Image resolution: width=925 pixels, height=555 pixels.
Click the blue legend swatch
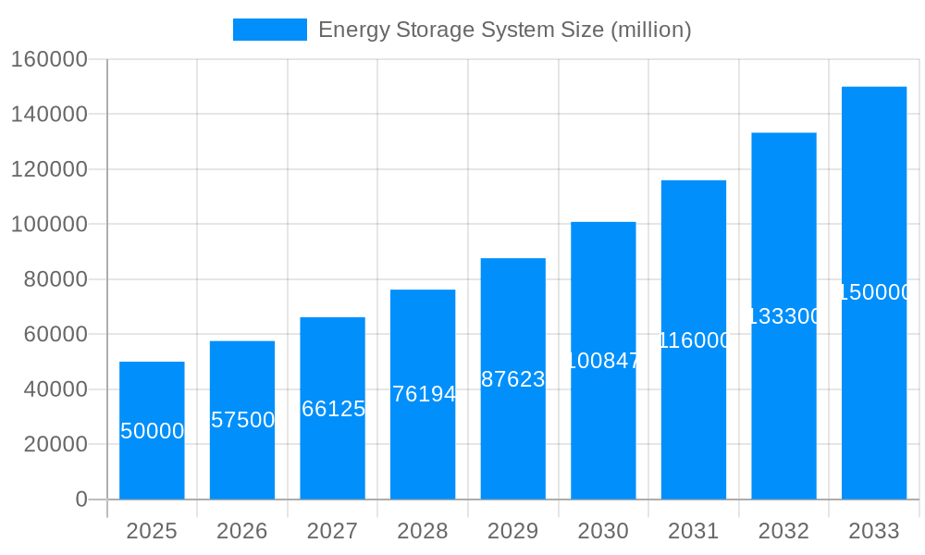coord(269,30)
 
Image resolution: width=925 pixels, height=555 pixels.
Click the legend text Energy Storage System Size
coord(504,30)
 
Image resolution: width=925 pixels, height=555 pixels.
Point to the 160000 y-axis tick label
coord(48,60)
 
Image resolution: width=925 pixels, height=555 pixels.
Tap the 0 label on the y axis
coord(80,499)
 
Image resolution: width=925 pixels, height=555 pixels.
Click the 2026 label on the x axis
coord(242,531)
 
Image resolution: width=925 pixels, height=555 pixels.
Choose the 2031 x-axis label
coord(693,531)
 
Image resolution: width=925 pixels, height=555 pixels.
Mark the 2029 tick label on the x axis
coord(512,531)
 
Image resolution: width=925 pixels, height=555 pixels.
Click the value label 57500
coord(242,420)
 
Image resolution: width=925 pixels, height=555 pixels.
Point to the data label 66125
coord(333,409)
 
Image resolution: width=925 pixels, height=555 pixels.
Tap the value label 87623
coord(513,379)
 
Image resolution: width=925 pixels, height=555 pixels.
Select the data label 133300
coord(783,316)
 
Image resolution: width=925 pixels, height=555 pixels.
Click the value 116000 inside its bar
coord(694,340)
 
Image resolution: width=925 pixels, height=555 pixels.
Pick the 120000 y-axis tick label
coord(48,169)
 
